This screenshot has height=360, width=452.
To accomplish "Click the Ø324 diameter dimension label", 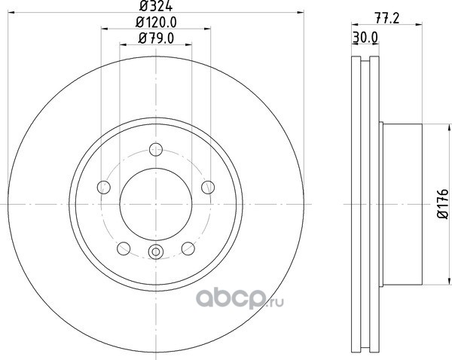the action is tap(156, 6).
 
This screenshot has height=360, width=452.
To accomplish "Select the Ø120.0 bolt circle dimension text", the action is tap(156, 22).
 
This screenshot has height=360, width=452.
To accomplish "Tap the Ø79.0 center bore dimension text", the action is tap(156, 38).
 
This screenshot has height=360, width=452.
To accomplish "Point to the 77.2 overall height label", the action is tap(387, 18).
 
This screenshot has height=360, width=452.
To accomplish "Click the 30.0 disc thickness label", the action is tap(365, 37).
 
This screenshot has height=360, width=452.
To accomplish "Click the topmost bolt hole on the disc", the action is tap(156, 150).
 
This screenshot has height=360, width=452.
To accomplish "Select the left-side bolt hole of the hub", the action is tap(104, 188).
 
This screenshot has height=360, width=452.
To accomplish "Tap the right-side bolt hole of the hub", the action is tap(208, 188).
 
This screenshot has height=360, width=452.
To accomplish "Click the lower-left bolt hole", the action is tap(124, 249).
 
